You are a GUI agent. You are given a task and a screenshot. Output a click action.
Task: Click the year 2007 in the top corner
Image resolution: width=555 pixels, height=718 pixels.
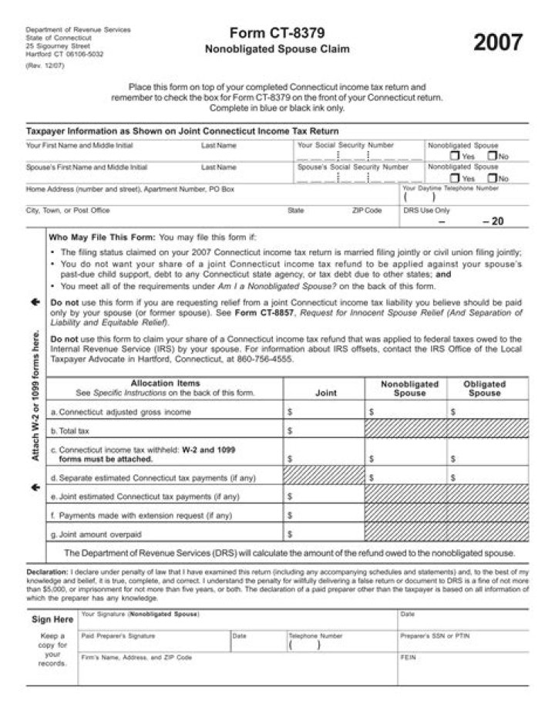coord(497,42)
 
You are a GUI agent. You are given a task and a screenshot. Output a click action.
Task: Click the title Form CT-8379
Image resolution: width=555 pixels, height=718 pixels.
coord(277,33)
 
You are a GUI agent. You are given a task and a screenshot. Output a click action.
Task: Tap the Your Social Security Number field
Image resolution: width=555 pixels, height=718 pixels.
coord(358,154)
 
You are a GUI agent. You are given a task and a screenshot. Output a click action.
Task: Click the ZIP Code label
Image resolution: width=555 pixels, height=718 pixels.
coord(367,211)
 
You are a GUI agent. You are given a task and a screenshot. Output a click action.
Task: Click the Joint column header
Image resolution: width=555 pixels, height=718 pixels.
coord(326,393)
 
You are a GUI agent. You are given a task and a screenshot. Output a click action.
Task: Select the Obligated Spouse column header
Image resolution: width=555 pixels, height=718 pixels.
coord(484,389)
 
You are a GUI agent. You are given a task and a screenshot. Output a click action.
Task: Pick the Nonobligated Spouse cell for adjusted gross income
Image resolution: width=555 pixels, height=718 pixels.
coord(405,412)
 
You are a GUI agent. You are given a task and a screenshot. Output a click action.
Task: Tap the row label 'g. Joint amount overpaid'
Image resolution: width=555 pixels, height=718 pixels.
coord(96,534)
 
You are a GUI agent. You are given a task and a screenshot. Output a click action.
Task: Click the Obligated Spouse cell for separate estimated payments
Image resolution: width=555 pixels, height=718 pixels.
coord(488,478)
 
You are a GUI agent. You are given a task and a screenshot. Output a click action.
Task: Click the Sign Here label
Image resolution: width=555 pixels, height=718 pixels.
coord(52,619)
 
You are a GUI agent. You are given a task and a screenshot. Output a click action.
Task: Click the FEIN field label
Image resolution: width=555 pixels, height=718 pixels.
coord(408,658)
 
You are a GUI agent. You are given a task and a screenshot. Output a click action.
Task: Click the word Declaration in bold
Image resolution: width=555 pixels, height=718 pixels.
coord(47,573)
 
